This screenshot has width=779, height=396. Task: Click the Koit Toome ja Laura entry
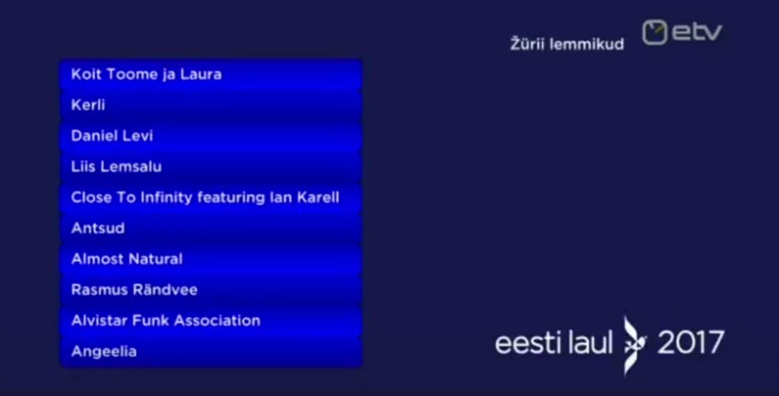coord(211,74)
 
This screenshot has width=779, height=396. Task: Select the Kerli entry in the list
coord(211,105)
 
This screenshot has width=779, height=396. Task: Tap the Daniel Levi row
coord(211,136)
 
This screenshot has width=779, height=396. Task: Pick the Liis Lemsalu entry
coord(211,167)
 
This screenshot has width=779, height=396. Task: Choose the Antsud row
coord(211,228)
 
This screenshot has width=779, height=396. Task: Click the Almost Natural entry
coord(211,259)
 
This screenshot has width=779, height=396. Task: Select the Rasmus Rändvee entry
coord(211,290)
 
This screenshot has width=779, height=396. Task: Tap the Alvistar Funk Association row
coord(211,321)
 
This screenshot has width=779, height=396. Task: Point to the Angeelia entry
coord(211,352)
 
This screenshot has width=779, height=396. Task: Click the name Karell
coord(318,198)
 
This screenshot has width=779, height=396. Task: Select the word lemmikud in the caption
coord(587,44)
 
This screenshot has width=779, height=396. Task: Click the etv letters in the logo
coord(697,32)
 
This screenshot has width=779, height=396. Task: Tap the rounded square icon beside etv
coord(654,32)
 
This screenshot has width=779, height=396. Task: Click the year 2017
coord(691,343)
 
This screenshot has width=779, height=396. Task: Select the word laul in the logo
coord(590,342)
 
